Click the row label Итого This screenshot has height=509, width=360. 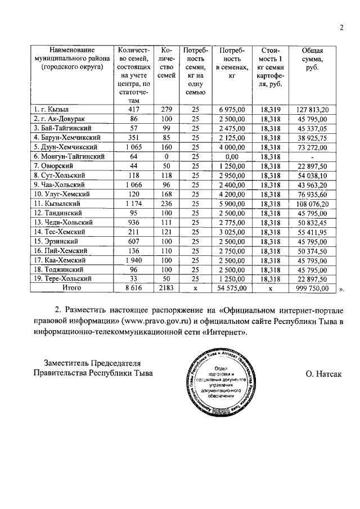pos(71,287)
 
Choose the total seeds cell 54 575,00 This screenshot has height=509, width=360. pos(231,287)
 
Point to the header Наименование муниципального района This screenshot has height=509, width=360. pos(71,58)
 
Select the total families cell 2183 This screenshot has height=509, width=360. pos(164,287)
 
